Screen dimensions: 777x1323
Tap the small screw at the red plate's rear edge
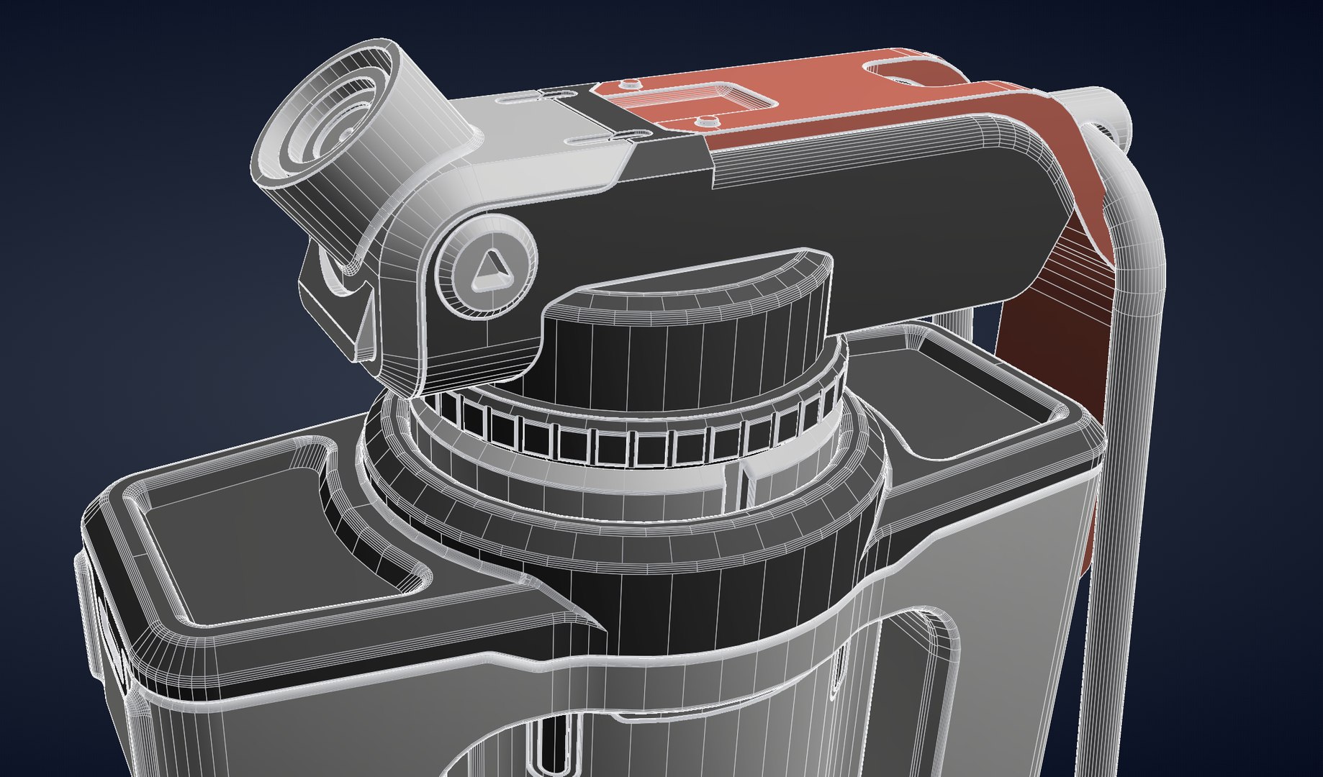coord(631,84)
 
